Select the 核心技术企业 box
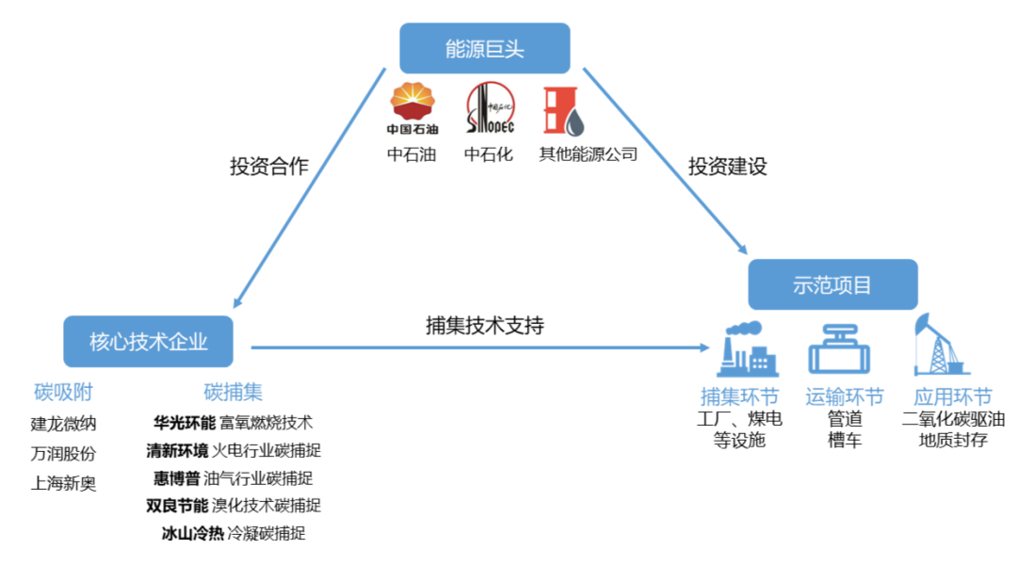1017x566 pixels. pos(148,341)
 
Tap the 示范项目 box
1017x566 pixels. pos(832,284)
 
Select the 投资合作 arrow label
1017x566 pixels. pos(269,167)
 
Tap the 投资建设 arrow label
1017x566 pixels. pos(727,167)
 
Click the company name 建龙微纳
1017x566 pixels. pos(63,423)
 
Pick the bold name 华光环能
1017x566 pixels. pos(185,422)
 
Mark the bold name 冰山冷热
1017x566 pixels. pos(192,533)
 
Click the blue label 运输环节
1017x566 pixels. pos(845,396)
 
